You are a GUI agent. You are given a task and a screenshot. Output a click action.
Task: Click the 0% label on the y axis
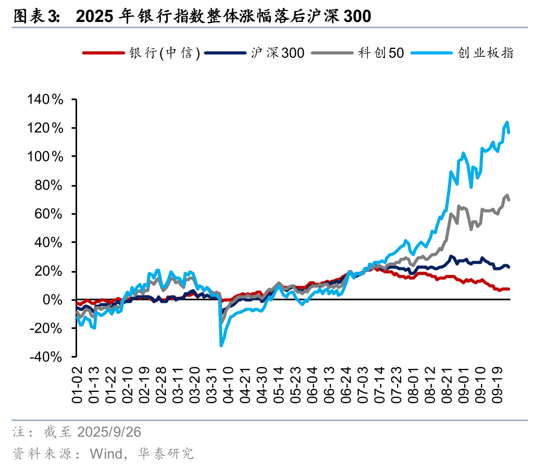click(54, 300)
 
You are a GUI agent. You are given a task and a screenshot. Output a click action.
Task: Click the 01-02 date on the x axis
click(77, 384)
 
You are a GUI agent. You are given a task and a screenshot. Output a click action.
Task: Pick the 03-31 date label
click(212, 384)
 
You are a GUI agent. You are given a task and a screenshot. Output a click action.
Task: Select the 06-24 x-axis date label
click(347, 384)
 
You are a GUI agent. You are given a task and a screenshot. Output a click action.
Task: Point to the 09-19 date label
click(499, 384)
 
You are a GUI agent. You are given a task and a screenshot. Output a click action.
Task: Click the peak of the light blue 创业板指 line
click(507, 122)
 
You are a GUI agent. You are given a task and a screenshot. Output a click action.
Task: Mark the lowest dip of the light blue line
click(221, 346)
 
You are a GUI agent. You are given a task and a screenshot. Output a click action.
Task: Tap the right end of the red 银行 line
click(509, 289)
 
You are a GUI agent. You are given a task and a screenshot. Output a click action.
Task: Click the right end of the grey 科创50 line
click(509, 200)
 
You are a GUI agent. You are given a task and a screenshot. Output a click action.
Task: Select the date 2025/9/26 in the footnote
click(109, 433)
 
